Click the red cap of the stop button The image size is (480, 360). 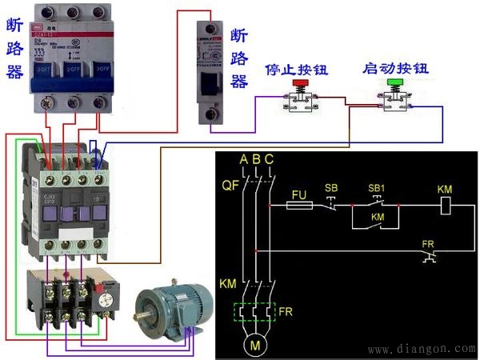[302, 82]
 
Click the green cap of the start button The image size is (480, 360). [394, 82]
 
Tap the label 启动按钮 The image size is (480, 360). [394, 69]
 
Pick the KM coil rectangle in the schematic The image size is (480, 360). [448, 206]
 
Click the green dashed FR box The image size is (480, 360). [256, 313]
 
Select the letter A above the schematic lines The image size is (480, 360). [244, 160]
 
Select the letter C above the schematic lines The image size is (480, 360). [269, 160]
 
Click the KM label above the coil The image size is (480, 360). [445, 188]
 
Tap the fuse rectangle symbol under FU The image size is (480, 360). [299, 206]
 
